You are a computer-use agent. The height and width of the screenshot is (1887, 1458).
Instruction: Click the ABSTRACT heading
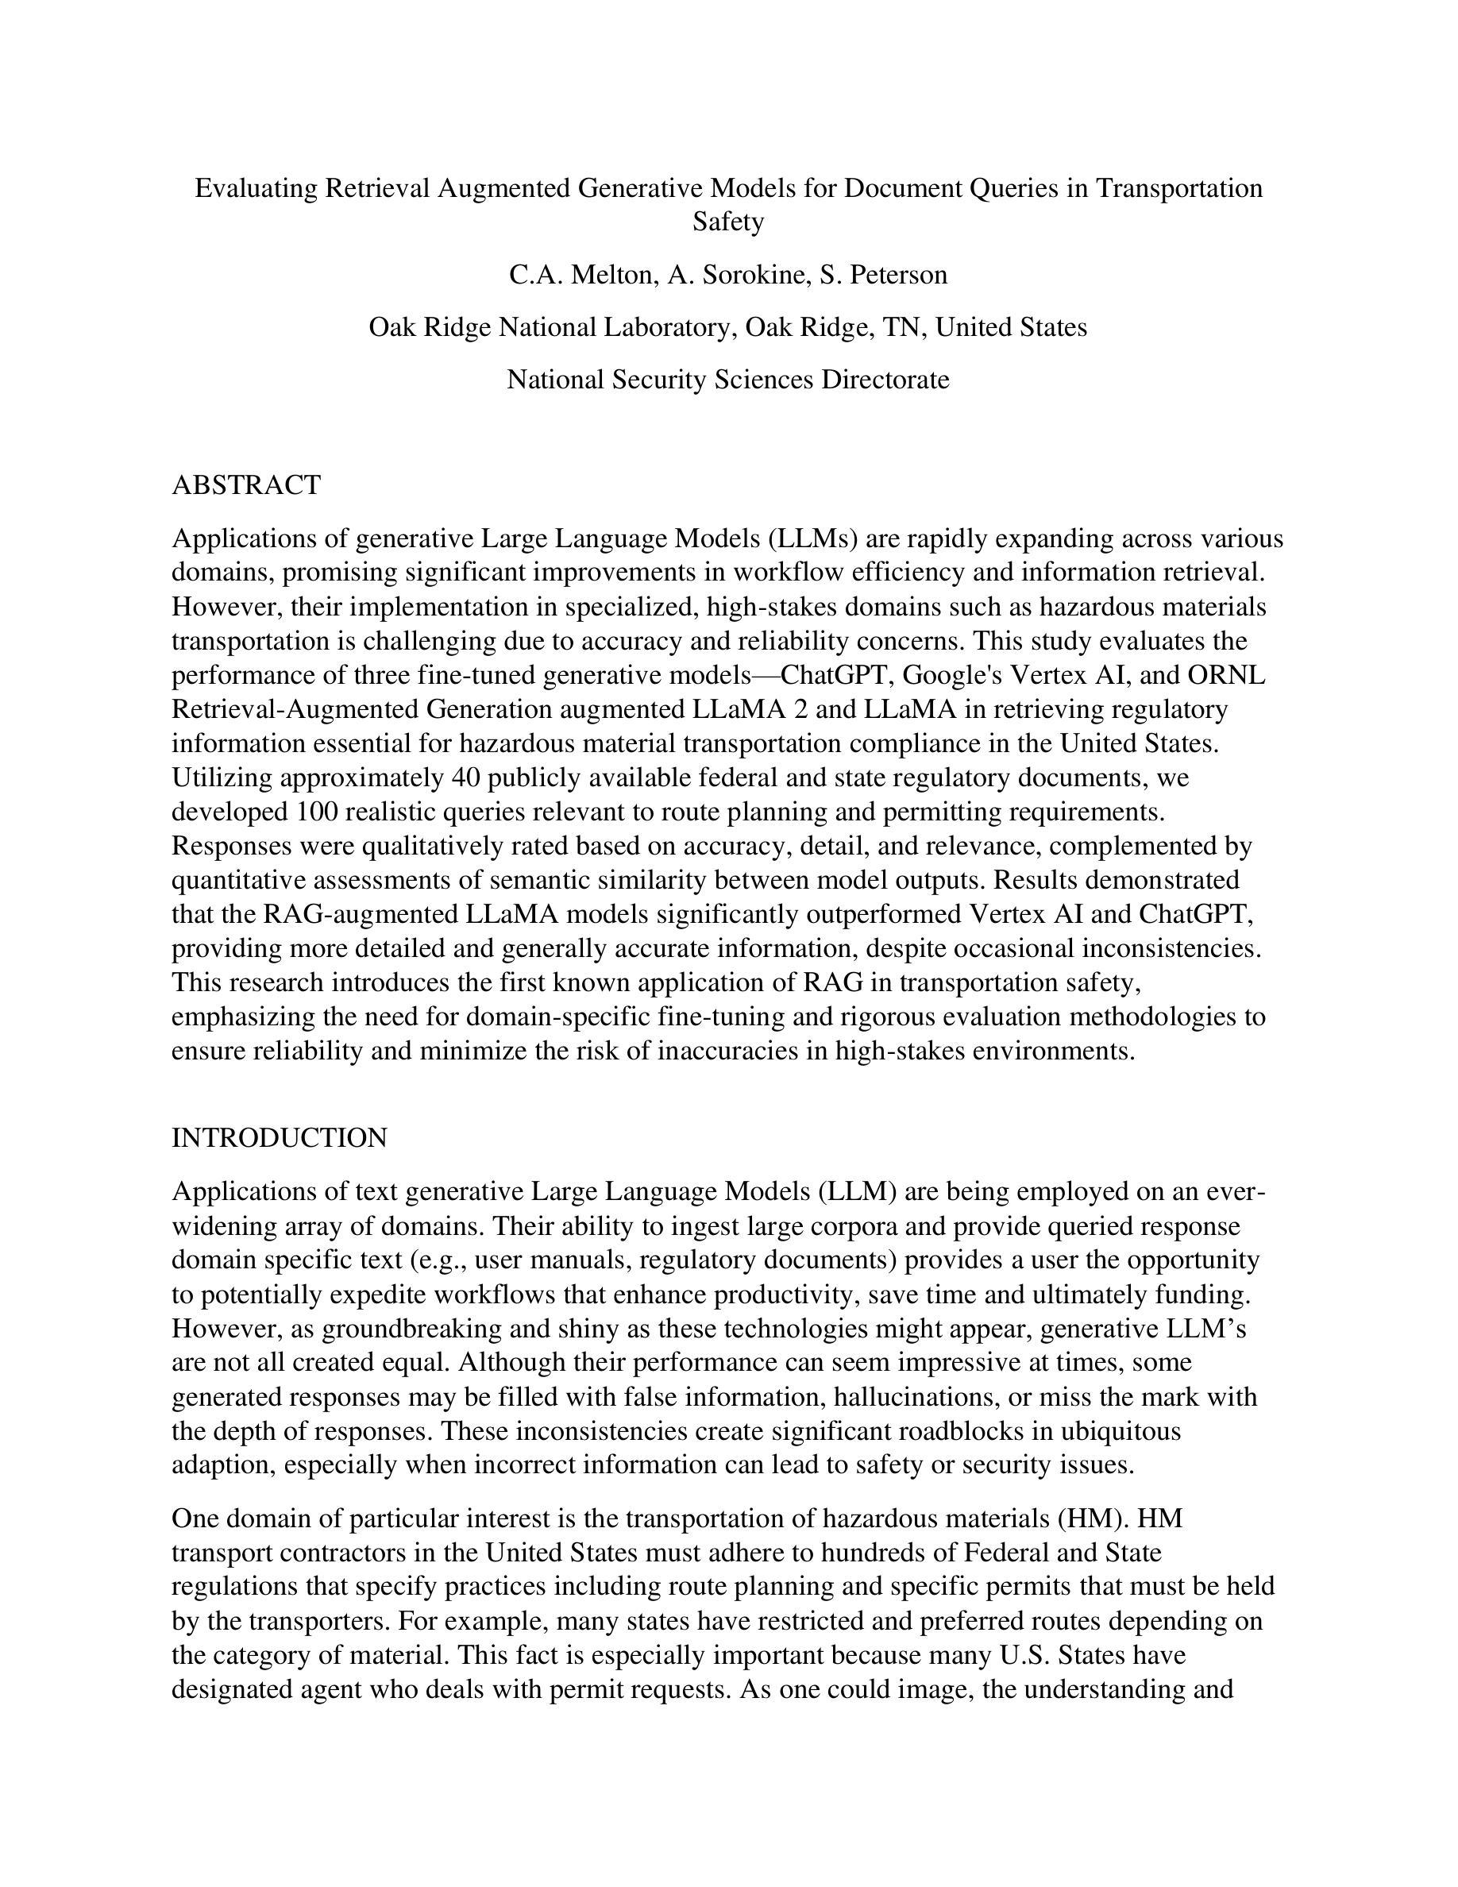246,485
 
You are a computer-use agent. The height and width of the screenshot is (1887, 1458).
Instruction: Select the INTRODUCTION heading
279,1138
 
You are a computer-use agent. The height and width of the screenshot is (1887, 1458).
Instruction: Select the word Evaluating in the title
256,188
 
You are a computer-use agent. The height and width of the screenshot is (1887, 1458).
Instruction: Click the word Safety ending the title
728,222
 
